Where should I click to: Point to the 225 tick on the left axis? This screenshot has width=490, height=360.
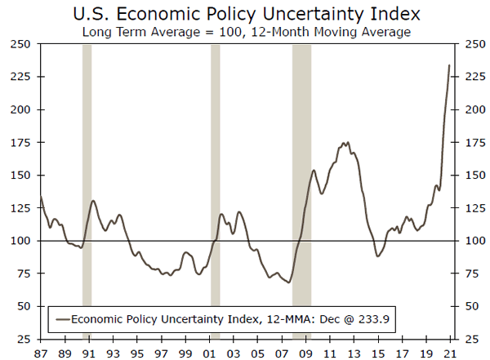(20, 77)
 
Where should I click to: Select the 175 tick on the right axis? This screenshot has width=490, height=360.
(474, 143)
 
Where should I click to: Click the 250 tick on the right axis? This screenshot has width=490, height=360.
(474, 45)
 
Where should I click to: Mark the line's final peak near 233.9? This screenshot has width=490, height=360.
(449, 65)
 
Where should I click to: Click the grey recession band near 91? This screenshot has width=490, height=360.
(87, 192)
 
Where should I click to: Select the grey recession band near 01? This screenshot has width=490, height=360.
(216, 192)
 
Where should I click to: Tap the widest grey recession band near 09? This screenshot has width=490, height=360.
(301, 192)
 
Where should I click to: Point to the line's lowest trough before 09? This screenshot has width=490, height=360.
(289, 282)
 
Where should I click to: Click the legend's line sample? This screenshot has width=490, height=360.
(60, 319)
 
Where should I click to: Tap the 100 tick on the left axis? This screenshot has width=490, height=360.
(20, 241)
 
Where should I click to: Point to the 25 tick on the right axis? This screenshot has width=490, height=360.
(471, 339)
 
